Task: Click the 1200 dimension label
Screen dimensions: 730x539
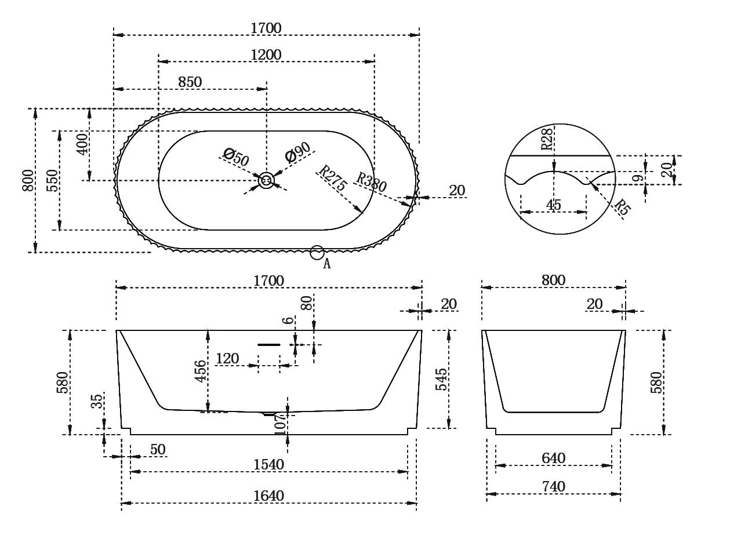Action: click(x=266, y=54)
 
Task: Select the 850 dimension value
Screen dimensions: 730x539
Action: click(x=190, y=82)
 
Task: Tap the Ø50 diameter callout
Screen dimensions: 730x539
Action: click(x=235, y=157)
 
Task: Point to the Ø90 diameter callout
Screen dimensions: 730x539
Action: click(x=297, y=152)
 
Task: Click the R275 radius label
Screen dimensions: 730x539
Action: click(x=333, y=178)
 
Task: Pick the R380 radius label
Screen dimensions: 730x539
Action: click(x=372, y=182)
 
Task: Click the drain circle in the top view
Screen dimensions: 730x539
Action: click(x=266, y=180)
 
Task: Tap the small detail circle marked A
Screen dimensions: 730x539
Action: click(x=317, y=252)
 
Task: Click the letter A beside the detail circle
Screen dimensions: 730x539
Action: click(x=326, y=264)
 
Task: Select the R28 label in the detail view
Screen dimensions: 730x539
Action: click(x=547, y=139)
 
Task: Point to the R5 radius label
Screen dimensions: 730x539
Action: click(x=622, y=207)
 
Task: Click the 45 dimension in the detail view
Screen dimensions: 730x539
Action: click(x=553, y=205)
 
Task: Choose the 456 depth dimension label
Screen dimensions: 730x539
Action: click(x=201, y=371)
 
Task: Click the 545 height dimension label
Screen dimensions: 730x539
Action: click(x=441, y=379)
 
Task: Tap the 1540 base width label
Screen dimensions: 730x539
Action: click(x=268, y=465)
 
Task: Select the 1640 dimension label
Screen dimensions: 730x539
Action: click(x=268, y=496)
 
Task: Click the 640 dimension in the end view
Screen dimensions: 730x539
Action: click(x=554, y=458)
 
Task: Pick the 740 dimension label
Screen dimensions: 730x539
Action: click(x=554, y=487)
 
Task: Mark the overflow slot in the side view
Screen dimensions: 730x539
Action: click(x=269, y=344)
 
